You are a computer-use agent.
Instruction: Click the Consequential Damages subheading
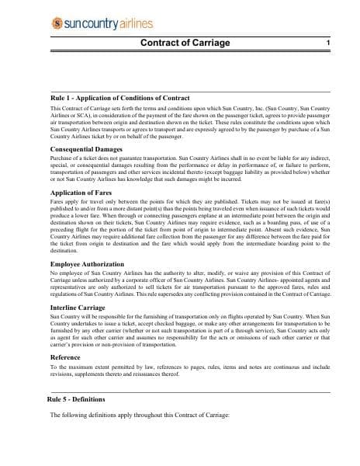point(86,148)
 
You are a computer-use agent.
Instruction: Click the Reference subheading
point(67,356)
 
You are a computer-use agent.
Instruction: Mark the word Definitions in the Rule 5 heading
point(94,398)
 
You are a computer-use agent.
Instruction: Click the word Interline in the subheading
point(64,308)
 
